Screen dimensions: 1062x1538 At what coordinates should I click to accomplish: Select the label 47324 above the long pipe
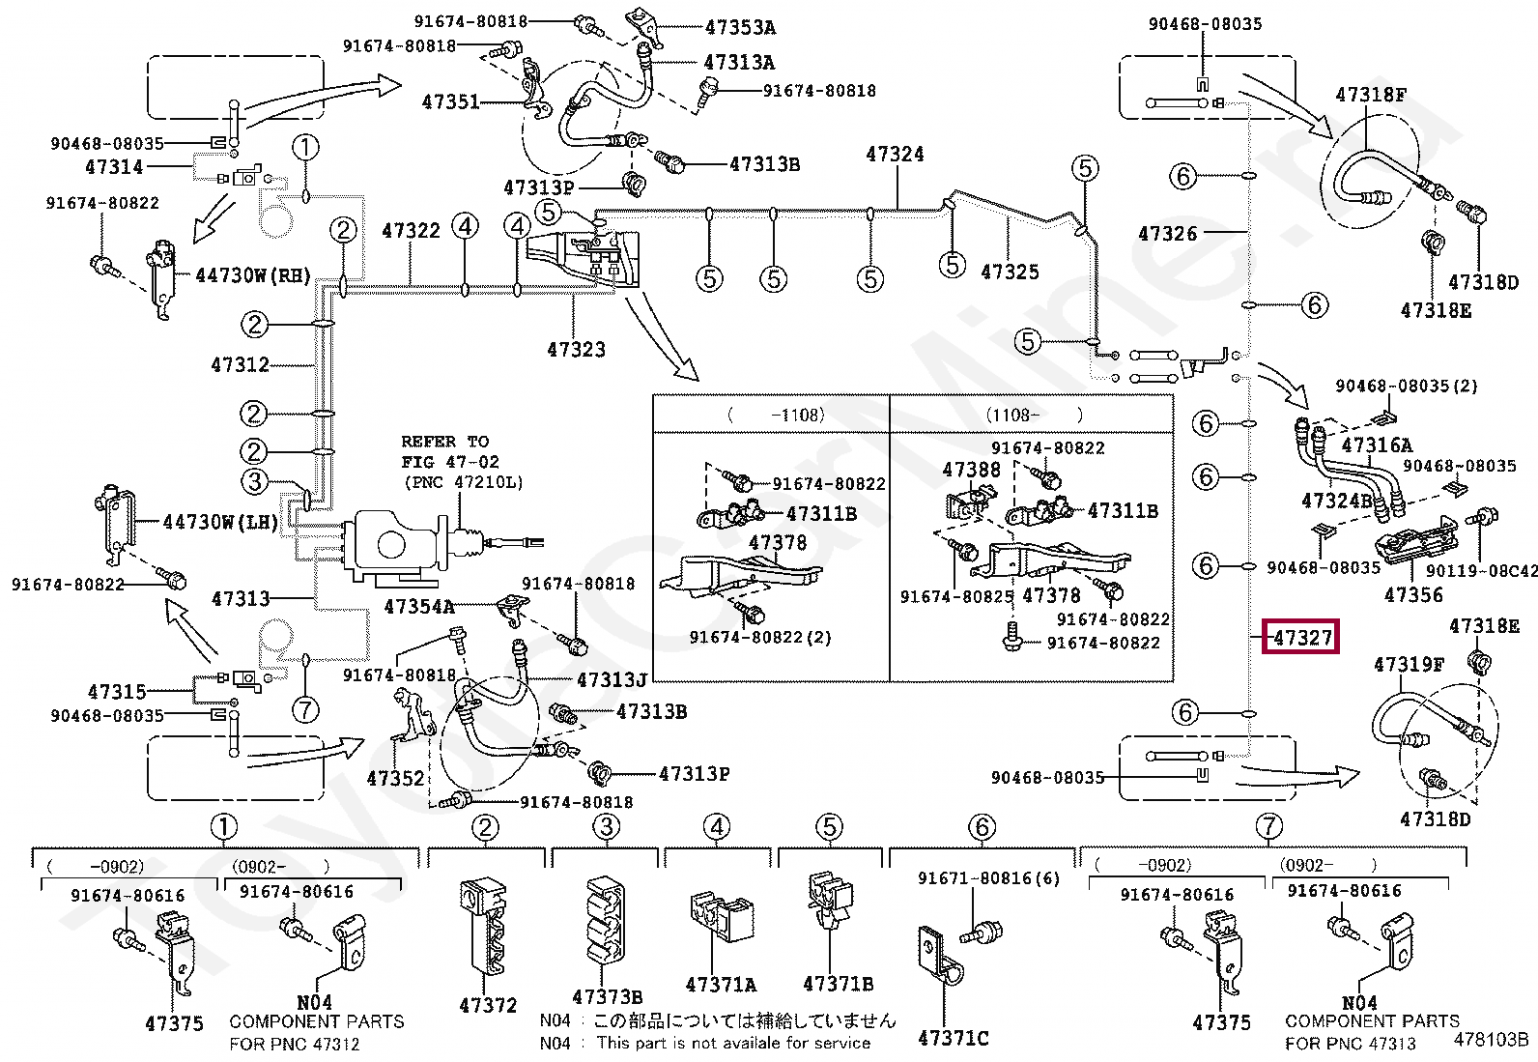tap(895, 154)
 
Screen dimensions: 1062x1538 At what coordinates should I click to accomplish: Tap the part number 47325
tap(1011, 273)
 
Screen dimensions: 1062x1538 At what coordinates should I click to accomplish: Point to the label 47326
tap(1167, 233)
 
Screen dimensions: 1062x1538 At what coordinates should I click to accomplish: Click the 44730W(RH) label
tap(253, 275)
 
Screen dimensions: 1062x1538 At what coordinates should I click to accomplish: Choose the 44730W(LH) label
tap(220, 523)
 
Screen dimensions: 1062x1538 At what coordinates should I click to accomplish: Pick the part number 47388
tap(971, 470)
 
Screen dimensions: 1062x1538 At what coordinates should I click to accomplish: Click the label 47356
tap(1413, 595)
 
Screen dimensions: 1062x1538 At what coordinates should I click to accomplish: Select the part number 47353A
tap(740, 28)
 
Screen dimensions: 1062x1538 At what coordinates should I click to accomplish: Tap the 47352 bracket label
tap(396, 777)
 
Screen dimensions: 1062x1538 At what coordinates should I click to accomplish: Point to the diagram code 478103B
tap(1492, 1041)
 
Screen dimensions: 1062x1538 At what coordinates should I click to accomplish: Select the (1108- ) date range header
tap(1034, 415)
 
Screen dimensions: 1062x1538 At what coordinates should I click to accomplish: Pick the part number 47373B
tap(607, 996)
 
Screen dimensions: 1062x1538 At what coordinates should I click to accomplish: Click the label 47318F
tap(1371, 95)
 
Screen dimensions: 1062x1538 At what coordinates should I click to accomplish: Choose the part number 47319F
tap(1409, 665)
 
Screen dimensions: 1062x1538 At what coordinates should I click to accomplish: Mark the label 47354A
tap(418, 607)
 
